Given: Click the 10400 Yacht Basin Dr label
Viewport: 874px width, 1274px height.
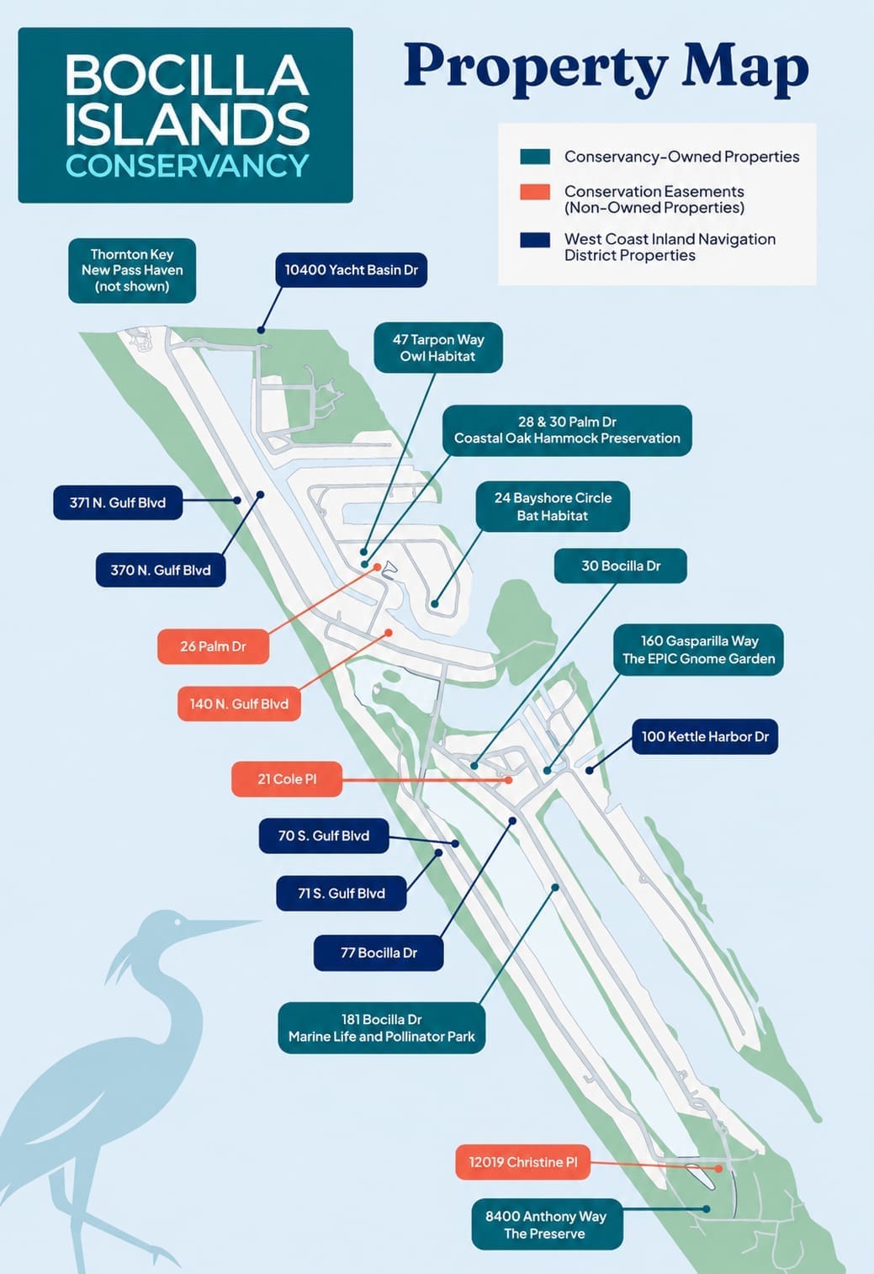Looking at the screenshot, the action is pyautogui.click(x=351, y=269).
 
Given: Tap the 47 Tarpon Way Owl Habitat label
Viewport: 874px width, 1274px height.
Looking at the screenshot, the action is pyautogui.click(x=438, y=348).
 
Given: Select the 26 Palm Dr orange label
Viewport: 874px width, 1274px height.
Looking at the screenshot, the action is pyautogui.click(x=213, y=646).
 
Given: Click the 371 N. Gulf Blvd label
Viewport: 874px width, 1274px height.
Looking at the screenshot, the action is pyautogui.click(x=118, y=502).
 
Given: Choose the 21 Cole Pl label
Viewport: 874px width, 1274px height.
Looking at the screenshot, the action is pyautogui.click(x=287, y=778).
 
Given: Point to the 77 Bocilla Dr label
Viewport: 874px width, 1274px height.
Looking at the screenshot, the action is pyautogui.click(x=379, y=953).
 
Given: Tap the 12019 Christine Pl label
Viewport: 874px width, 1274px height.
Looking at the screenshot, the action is pyautogui.click(x=522, y=1161).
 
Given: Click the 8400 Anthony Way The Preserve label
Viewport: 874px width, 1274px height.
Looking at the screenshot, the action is pyautogui.click(x=547, y=1224).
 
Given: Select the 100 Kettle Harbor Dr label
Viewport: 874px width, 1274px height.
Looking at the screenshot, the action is pyautogui.click(x=705, y=736).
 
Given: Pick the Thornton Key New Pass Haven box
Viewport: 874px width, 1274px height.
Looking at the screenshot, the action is pyautogui.click(x=132, y=270).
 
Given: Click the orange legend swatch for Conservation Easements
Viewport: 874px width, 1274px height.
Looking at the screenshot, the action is pyautogui.click(x=534, y=192).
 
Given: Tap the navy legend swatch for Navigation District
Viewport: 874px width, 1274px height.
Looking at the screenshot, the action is pyautogui.click(x=534, y=240).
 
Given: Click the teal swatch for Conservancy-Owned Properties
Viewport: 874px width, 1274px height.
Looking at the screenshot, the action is pyautogui.click(x=534, y=157).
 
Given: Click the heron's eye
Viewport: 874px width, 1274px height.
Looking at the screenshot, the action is pyautogui.click(x=177, y=921).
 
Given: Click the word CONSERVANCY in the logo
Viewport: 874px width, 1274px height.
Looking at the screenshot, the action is pyautogui.click(x=187, y=165).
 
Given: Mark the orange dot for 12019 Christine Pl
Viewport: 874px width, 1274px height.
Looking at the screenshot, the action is pyautogui.click(x=718, y=1168).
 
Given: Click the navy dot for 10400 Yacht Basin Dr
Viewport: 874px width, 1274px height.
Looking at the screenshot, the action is pyautogui.click(x=261, y=330).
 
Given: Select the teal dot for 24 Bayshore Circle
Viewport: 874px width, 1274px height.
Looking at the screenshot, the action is pyautogui.click(x=434, y=604).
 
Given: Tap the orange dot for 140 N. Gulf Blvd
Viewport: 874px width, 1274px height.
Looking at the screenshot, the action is pyautogui.click(x=389, y=633).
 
